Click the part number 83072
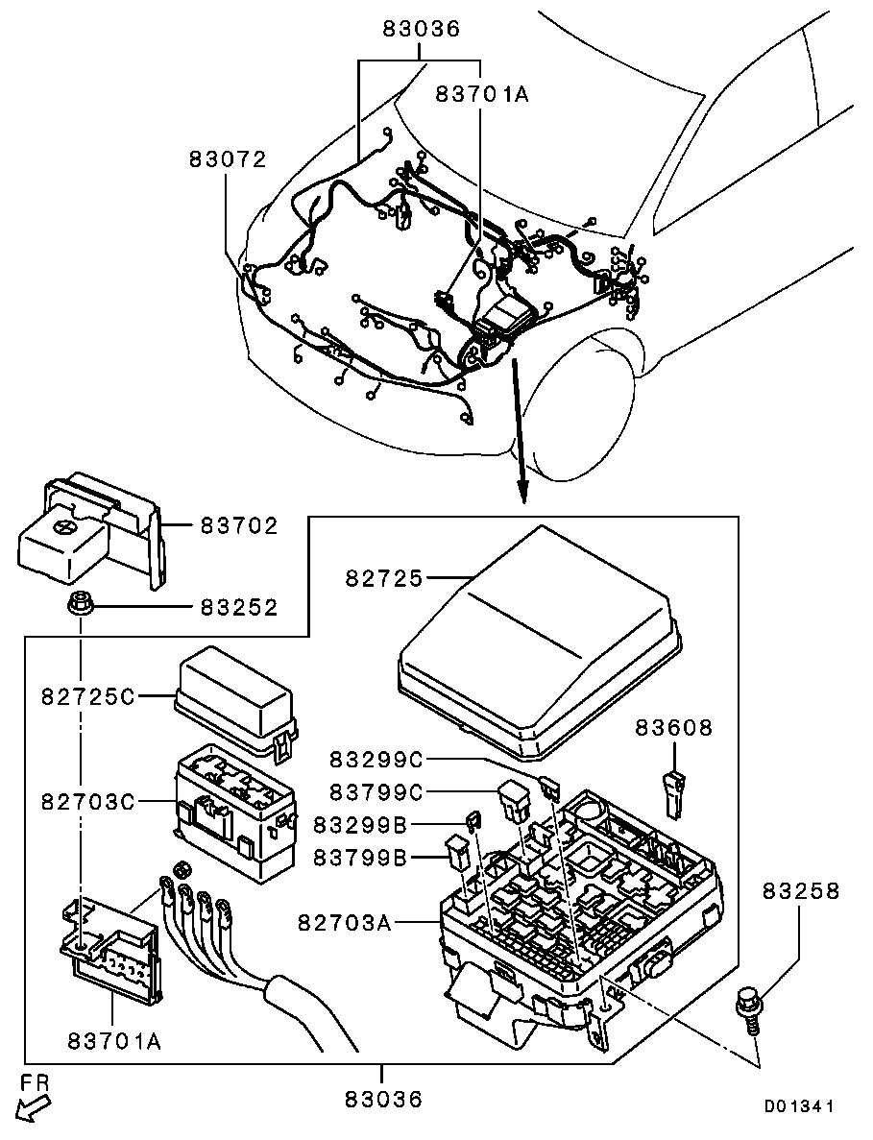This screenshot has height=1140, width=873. tap(226, 159)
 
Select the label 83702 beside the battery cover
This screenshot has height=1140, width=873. tap(239, 525)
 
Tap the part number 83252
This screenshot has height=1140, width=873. tap(239, 607)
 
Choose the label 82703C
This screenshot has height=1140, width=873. tap(87, 800)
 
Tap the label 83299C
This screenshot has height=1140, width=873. tap(376, 759)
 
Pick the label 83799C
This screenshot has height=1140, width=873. tap(376, 791)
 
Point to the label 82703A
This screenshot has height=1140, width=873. tap(345, 923)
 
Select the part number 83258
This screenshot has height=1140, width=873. tap(801, 891)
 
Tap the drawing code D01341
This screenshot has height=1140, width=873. tap(798, 1106)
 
